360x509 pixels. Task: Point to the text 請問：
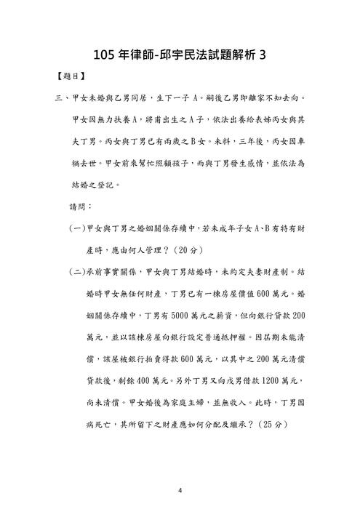click(x=81, y=207)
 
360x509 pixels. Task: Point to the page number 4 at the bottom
click(x=180, y=489)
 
